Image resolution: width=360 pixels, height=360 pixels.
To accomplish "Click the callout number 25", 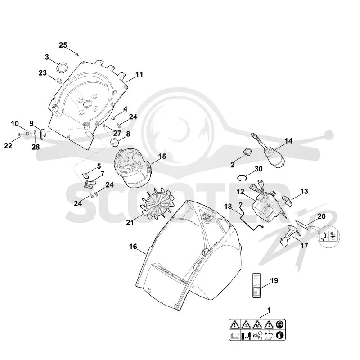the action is tap(63, 45).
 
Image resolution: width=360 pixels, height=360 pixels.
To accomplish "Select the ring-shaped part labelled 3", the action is tap(63, 68).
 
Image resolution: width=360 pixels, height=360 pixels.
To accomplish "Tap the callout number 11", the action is tap(139, 74).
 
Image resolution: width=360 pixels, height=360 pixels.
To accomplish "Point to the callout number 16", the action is tap(133, 247).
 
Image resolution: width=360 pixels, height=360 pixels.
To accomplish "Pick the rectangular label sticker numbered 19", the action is tap(256, 285).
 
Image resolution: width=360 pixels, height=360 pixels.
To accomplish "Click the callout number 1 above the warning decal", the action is tap(269, 310).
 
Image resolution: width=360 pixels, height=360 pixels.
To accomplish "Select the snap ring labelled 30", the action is tap(242, 178).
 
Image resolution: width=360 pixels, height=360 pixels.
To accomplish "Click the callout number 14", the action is tap(288, 141).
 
